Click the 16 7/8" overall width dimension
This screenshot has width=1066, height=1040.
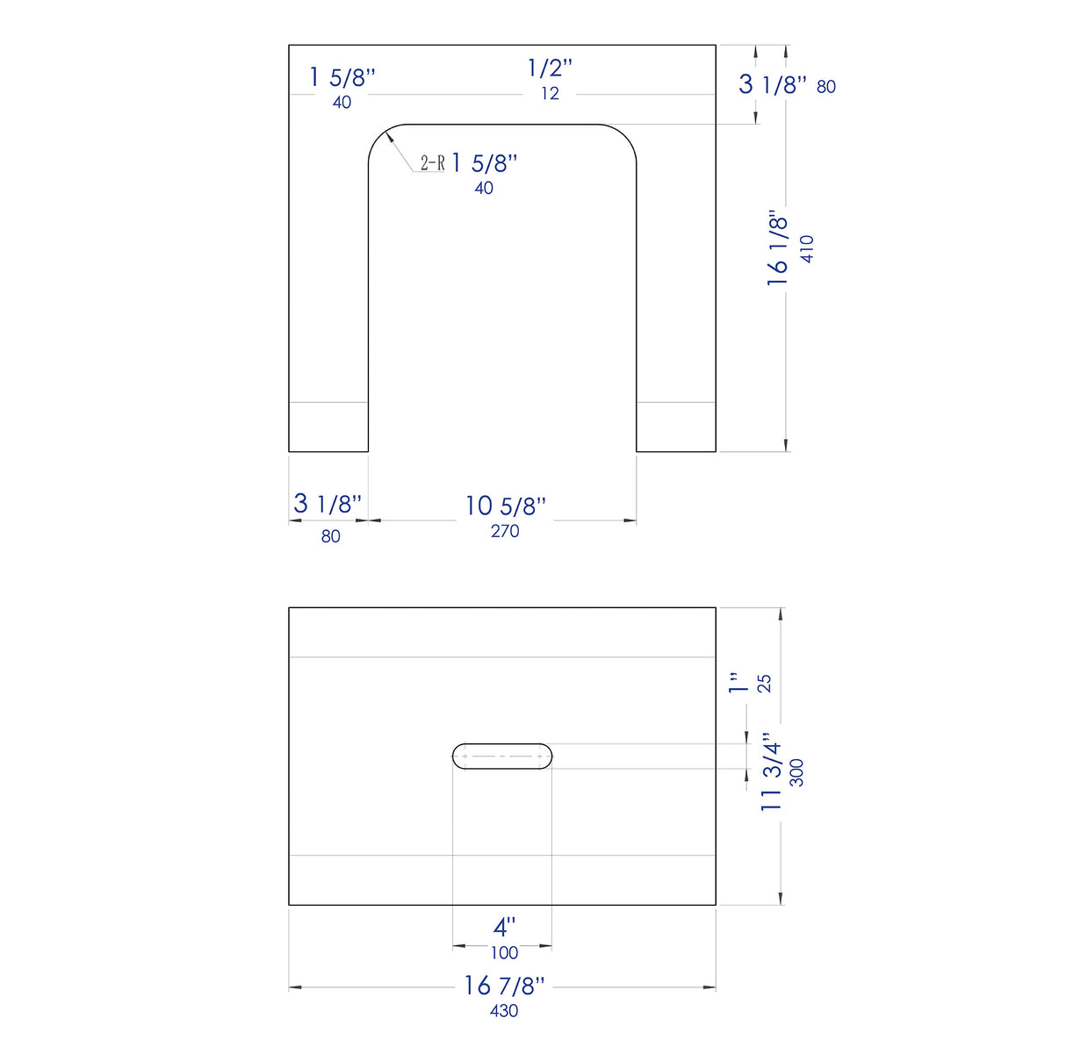[x=504, y=986]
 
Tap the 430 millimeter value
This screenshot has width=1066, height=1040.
[x=504, y=1011]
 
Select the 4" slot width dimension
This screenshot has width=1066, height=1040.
[x=504, y=927]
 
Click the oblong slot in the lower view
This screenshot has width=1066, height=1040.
[x=502, y=757]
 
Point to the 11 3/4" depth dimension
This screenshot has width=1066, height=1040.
[x=771, y=772]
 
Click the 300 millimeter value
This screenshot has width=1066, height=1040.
[x=797, y=772]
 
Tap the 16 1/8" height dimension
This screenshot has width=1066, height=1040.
[x=778, y=247]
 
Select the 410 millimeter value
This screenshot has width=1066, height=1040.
[x=807, y=247]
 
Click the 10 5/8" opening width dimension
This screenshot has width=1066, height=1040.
[x=505, y=506]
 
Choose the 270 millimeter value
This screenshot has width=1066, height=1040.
[x=505, y=531]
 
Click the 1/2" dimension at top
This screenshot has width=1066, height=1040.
[x=550, y=68]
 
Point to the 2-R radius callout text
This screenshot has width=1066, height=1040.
[x=432, y=163]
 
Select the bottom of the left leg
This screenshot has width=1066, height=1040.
[x=328, y=451]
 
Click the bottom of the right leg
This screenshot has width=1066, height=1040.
[x=676, y=451]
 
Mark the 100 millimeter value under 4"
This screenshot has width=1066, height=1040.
[x=504, y=953]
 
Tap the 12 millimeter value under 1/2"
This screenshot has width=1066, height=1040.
[x=550, y=94]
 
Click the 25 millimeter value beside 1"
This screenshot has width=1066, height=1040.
[x=765, y=683]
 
